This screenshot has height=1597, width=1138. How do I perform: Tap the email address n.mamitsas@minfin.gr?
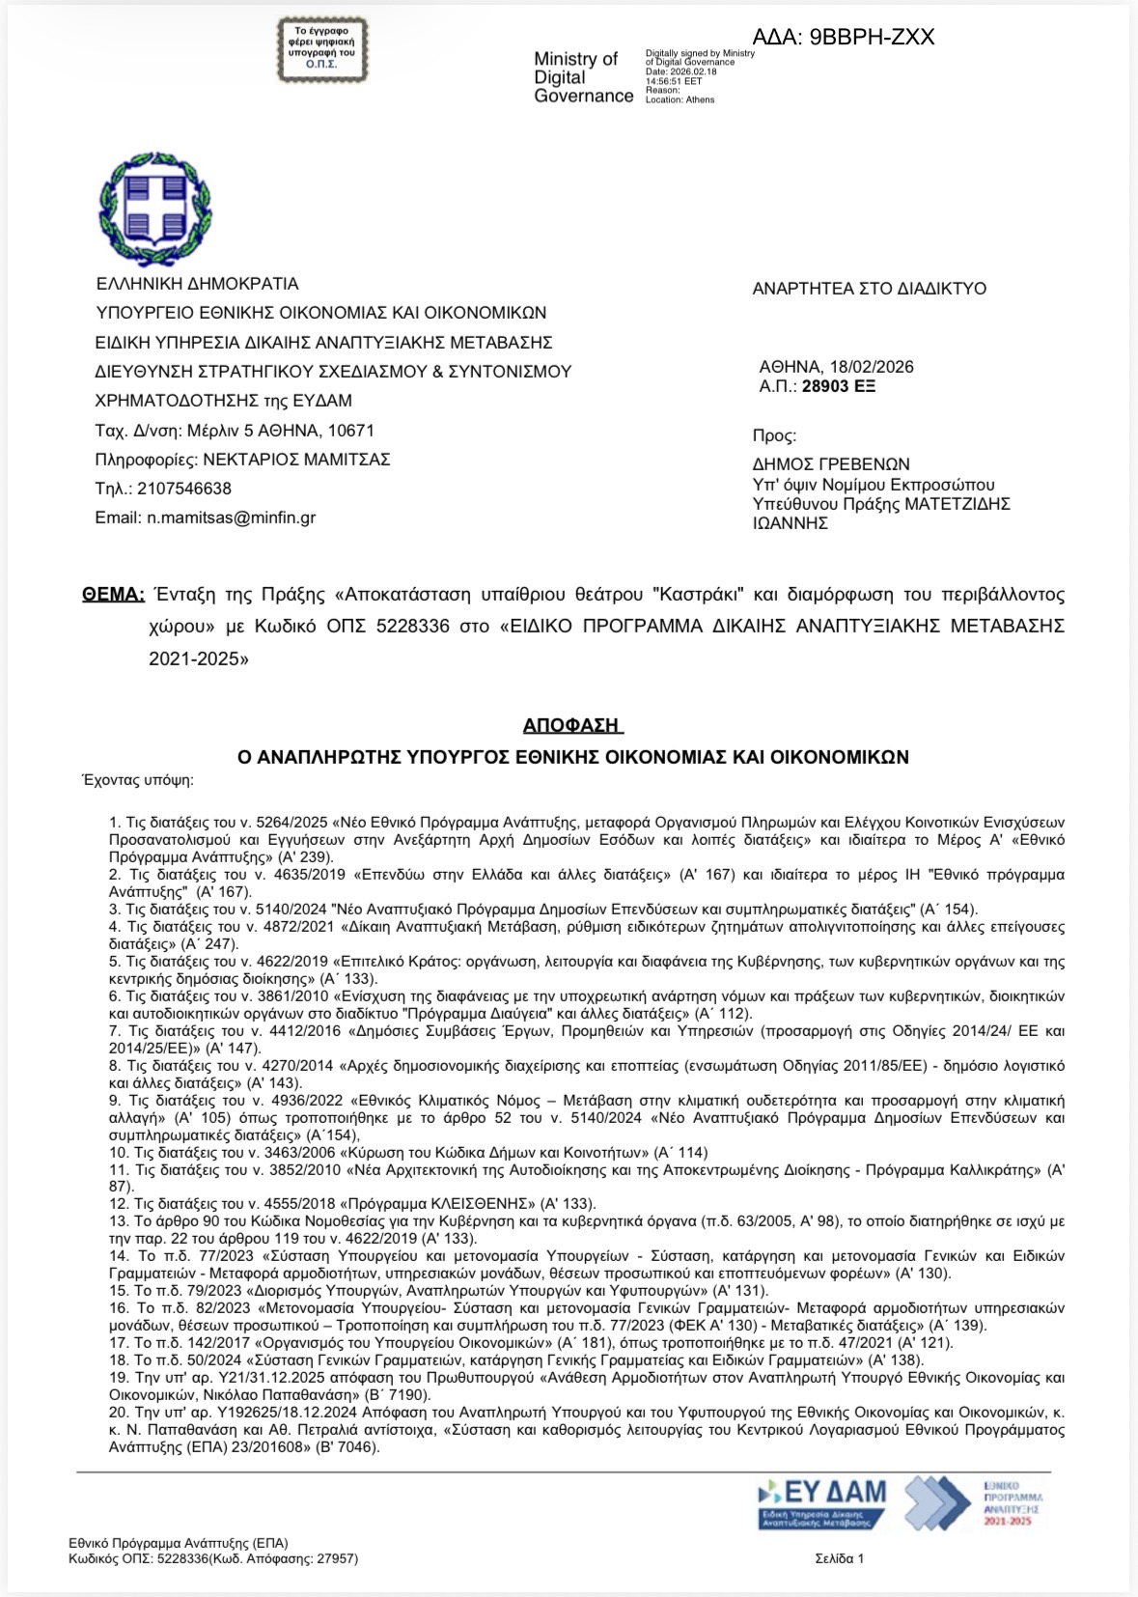click(231, 518)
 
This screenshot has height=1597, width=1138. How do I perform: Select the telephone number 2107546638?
click(184, 489)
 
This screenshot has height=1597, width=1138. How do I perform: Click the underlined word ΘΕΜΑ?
click(114, 593)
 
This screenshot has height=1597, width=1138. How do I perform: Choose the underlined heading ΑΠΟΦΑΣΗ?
click(573, 724)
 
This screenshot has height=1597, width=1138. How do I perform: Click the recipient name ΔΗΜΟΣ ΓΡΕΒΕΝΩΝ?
click(831, 464)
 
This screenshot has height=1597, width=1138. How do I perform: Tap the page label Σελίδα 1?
click(840, 1558)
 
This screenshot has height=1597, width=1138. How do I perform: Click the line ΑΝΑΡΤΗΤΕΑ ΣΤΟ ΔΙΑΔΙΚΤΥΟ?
click(869, 289)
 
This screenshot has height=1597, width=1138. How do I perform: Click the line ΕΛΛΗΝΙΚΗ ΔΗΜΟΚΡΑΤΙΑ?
click(197, 284)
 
